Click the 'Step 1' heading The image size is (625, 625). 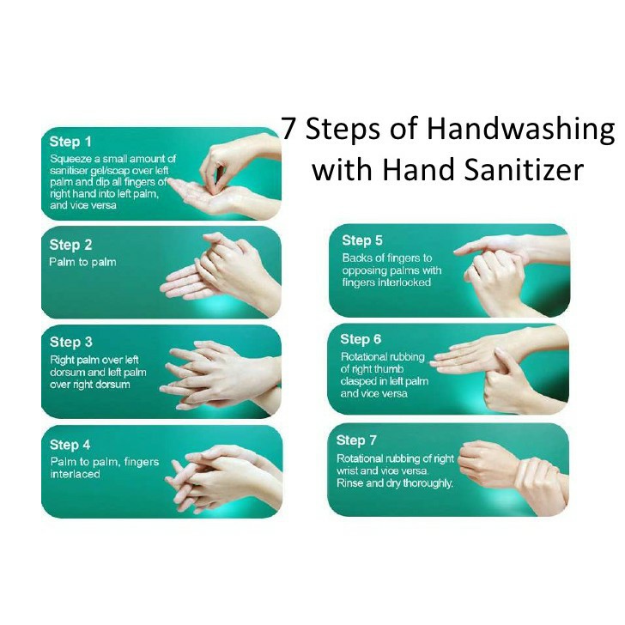pos(70,142)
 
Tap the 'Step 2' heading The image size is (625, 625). pos(70,245)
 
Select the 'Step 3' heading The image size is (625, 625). pos(71,342)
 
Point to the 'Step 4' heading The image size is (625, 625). pos(70,445)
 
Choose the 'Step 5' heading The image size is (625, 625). pos(362,240)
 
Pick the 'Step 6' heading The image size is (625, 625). pos(361,339)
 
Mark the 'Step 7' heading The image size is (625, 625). pos(356,440)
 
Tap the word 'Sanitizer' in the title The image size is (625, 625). pos(524,169)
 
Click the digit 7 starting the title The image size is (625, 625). pos(288,129)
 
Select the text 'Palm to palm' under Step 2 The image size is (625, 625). pos(83,263)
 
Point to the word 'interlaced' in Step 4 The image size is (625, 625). pos(75,474)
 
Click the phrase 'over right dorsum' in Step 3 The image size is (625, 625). pos(90,385)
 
